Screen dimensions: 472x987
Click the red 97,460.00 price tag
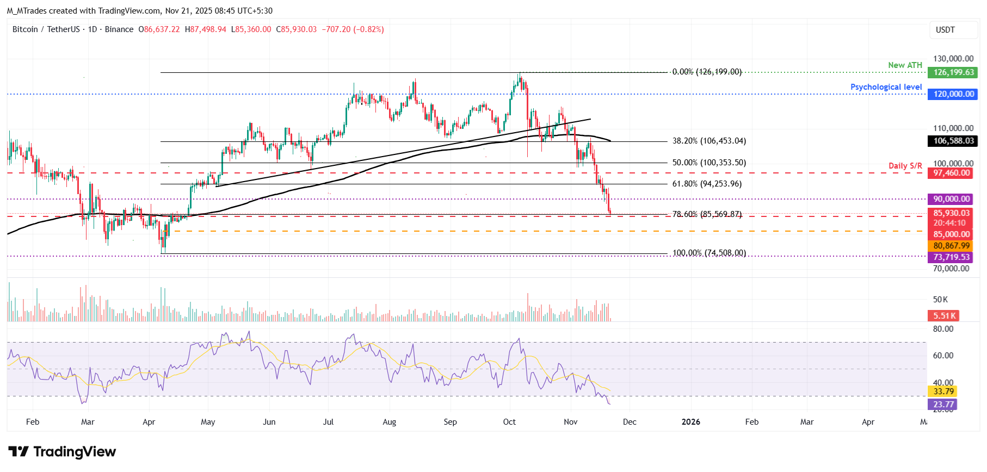(x=952, y=173)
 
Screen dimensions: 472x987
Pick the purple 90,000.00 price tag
(x=952, y=199)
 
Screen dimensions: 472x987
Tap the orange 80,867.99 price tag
(x=952, y=246)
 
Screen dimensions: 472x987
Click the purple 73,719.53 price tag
(x=952, y=257)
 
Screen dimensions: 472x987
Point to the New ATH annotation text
(x=905, y=65)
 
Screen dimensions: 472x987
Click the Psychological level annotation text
(x=886, y=87)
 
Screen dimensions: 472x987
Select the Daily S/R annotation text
(x=905, y=166)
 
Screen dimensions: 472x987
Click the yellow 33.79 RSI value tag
(x=943, y=392)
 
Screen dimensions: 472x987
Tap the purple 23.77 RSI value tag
(x=943, y=405)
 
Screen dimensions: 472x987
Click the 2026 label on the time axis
(x=690, y=422)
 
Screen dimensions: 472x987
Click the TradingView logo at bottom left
(x=62, y=452)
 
